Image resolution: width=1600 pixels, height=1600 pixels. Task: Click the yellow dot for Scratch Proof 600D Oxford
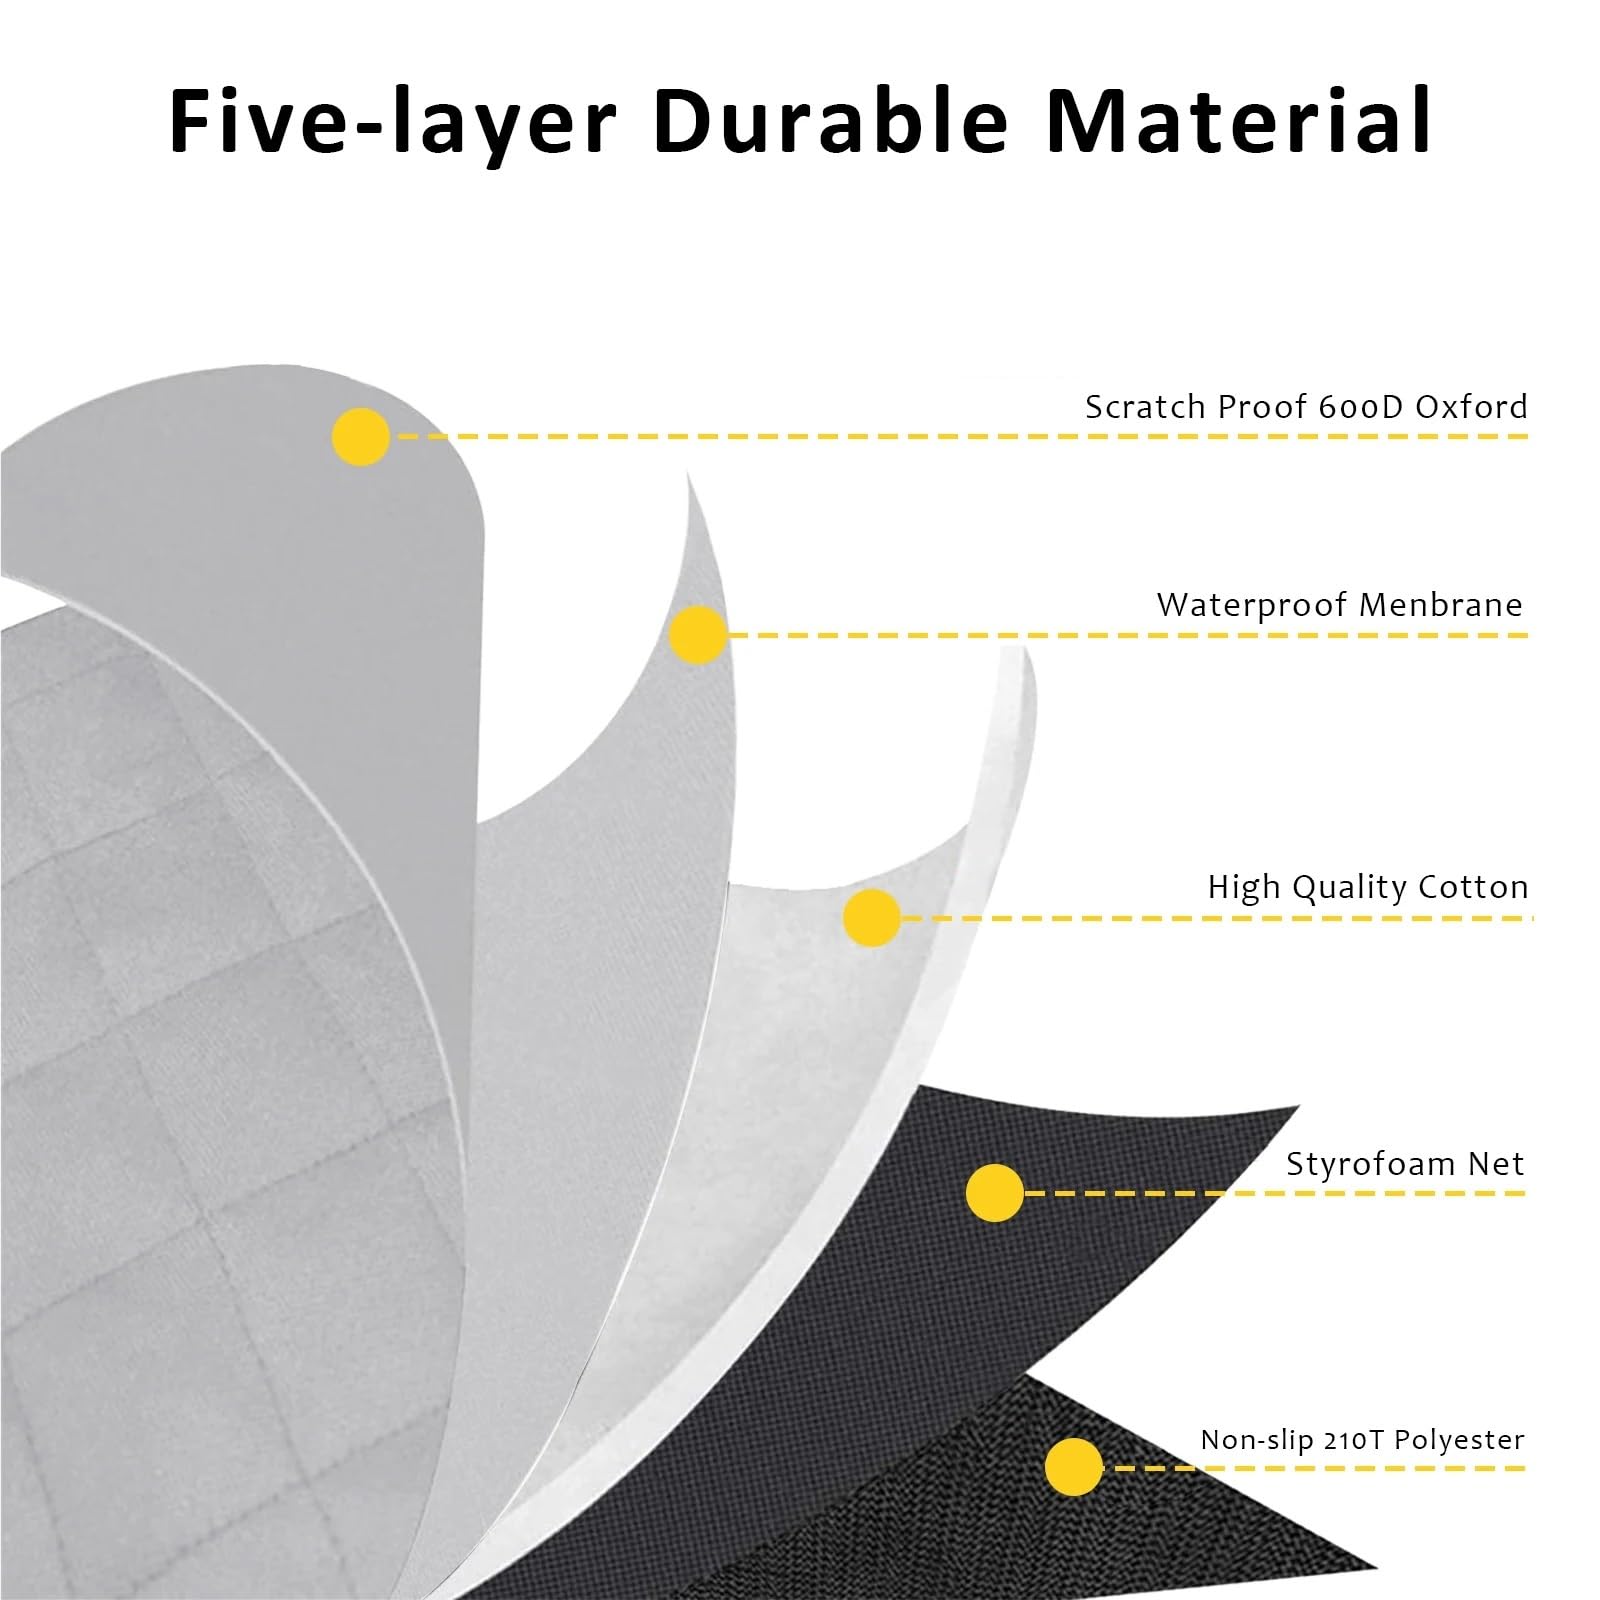pos(361,436)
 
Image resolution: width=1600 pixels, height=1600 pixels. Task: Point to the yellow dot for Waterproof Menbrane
pos(698,634)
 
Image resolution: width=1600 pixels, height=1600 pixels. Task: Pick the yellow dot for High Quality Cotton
pos(872,917)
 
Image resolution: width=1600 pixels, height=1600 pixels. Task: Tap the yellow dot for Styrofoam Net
pos(995,1192)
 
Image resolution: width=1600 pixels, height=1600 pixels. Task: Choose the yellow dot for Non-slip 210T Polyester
pos(1073,1467)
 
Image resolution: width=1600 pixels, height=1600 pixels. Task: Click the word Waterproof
pos(1251,606)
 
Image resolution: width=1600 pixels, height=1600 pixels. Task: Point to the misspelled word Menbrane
pos(1441,604)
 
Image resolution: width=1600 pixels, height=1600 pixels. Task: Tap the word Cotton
pos(1470,886)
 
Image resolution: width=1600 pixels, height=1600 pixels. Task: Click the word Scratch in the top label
pos(1140,406)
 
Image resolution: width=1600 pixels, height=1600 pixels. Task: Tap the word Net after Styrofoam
pos(1496,1164)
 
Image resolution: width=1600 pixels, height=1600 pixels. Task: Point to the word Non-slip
pos(1255,1441)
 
